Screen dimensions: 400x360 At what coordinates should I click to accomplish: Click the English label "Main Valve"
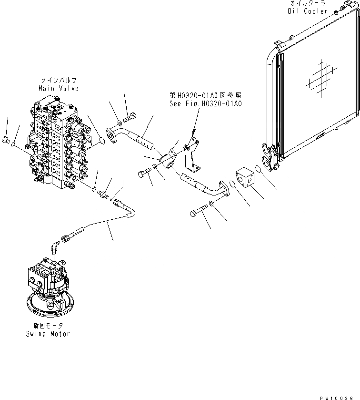(x=59, y=88)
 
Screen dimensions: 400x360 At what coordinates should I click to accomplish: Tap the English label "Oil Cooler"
(x=308, y=10)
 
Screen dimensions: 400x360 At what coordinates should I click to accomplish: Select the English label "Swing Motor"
(x=48, y=334)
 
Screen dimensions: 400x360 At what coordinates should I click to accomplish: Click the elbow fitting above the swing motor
(x=56, y=246)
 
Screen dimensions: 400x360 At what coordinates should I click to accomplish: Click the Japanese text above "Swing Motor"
(x=48, y=327)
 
